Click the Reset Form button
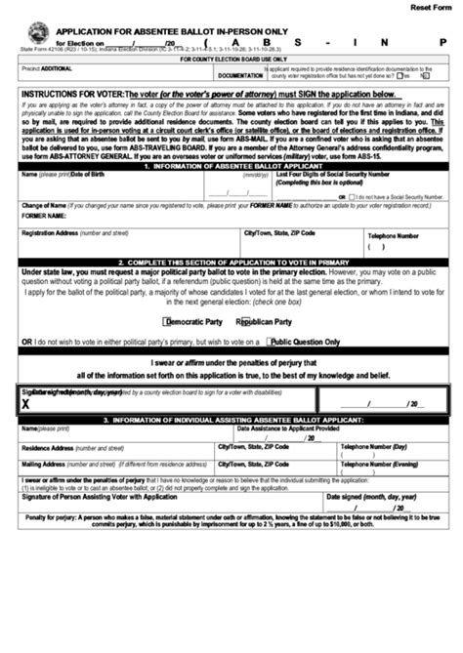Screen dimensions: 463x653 (431, 7)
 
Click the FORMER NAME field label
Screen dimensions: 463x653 (45, 216)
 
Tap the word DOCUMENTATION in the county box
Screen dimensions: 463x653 (240, 74)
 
